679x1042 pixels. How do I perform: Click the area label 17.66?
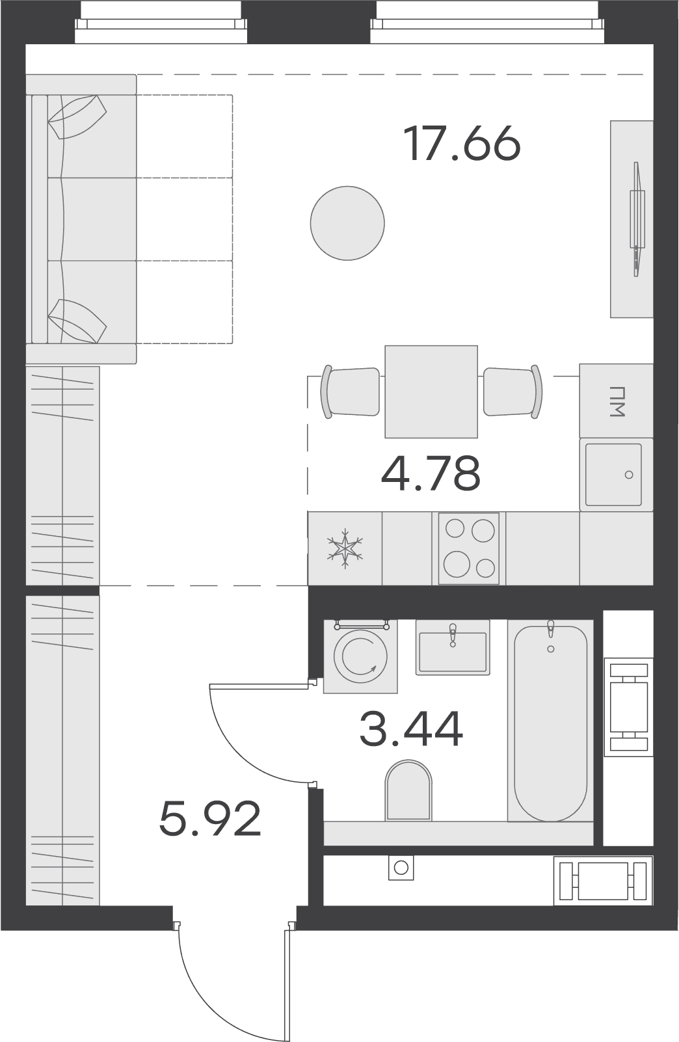[462, 143]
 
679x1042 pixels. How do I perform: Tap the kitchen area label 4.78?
[431, 474]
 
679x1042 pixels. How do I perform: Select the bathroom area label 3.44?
[411, 729]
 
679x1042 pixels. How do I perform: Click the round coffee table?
[347, 223]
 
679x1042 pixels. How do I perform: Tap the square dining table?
[431, 392]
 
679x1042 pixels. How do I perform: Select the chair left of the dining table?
[350, 392]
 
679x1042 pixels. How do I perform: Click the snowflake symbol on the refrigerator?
[345, 548]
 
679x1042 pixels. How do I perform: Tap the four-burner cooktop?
[469, 548]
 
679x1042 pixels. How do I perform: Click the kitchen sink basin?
[613, 474]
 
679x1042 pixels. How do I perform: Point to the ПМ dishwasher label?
[617, 401]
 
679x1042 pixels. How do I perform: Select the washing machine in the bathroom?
[360, 656]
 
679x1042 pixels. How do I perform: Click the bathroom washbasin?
[453, 647]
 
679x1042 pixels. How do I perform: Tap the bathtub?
[551, 721]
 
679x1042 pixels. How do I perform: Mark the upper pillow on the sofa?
[77, 117]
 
